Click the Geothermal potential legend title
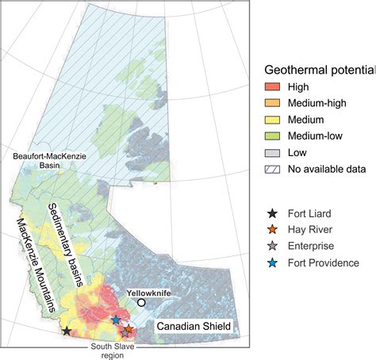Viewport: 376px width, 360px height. click(x=317, y=70)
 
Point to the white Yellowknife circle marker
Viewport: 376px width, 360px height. click(x=141, y=281)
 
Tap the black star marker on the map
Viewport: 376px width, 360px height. click(x=67, y=330)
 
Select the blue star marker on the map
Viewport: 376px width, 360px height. click(x=116, y=320)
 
